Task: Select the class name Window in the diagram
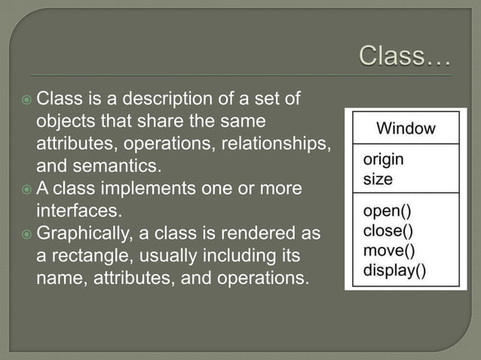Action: point(406,128)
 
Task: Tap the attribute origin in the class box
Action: point(383,160)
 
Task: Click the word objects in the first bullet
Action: point(64,121)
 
